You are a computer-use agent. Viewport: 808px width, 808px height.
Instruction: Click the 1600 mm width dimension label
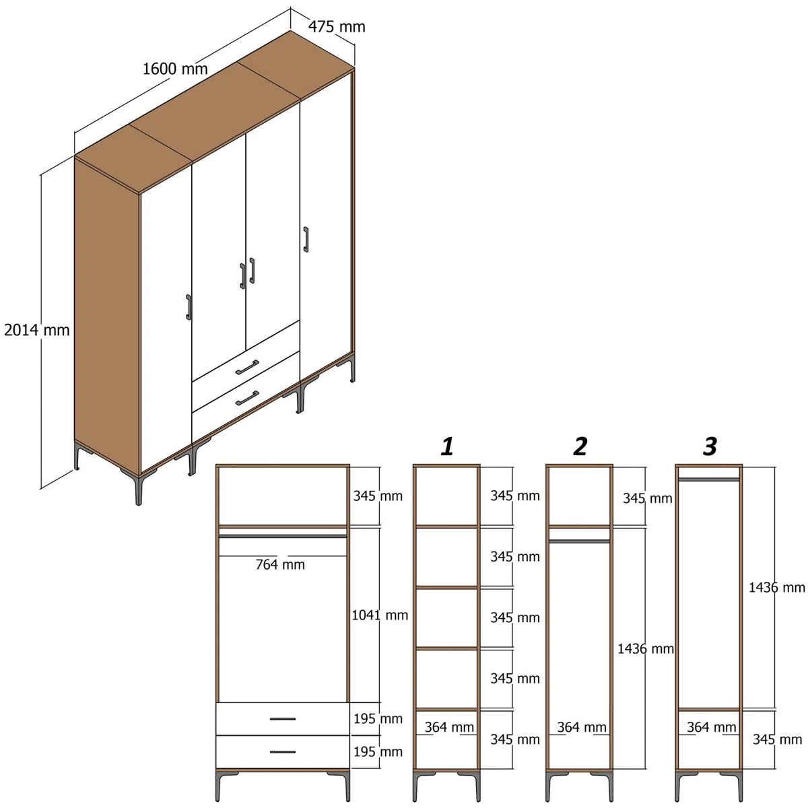[x=175, y=69]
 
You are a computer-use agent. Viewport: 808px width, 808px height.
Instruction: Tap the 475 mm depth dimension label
[x=337, y=27]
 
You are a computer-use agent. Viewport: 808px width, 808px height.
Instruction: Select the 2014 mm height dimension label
[x=37, y=330]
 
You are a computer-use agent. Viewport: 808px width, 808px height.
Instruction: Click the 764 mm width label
[x=280, y=565]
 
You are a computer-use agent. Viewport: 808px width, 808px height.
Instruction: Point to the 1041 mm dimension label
[x=380, y=615]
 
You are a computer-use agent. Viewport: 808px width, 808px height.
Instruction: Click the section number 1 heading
[x=447, y=446]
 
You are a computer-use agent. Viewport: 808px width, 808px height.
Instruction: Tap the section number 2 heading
[x=580, y=446]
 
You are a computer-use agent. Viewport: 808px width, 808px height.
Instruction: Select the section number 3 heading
[x=710, y=446]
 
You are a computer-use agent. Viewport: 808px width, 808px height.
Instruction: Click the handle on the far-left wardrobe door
[x=189, y=307]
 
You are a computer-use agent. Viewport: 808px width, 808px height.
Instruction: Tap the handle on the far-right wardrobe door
[x=306, y=239]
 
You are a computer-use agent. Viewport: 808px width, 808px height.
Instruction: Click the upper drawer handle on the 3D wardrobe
[x=247, y=367]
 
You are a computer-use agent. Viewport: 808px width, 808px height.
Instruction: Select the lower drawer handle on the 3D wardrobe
[x=247, y=398]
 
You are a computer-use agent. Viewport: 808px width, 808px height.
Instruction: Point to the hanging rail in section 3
[x=708, y=479]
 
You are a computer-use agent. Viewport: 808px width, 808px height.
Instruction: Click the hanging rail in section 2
[x=579, y=541]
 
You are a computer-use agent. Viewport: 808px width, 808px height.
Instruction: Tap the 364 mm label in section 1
[x=449, y=727]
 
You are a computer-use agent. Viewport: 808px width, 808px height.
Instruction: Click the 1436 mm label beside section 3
[x=777, y=587]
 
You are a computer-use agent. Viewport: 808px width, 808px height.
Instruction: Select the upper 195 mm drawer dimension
[x=378, y=718]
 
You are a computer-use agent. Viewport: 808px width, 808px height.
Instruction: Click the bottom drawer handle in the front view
[x=283, y=751]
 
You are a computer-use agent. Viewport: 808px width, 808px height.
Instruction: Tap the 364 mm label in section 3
[x=712, y=727]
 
